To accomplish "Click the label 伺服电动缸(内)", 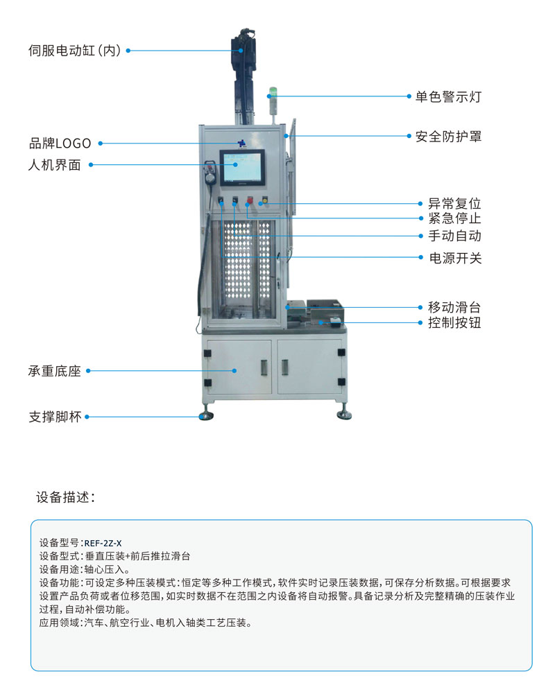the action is [74, 51].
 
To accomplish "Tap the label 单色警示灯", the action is [448, 96].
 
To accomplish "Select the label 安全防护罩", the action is [448, 137].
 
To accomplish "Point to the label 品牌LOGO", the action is [60, 144].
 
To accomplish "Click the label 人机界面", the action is [55, 165].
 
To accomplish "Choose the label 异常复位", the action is [454, 204].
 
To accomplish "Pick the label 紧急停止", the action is [454, 218].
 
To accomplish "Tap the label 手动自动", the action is [454, 236].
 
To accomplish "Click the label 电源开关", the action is [455, 258].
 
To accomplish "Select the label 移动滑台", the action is [454, 307].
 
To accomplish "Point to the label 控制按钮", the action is [454, 322].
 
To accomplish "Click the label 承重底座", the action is [55, 371].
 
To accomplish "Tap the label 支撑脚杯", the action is [55, 417].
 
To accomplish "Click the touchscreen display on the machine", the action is [241, 167].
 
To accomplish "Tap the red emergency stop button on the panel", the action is [250, 200].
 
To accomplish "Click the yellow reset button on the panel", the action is [264, 200].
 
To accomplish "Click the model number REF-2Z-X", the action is [103, 544].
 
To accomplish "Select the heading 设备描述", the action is [65, 497].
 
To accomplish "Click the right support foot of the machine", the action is [344, 414].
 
